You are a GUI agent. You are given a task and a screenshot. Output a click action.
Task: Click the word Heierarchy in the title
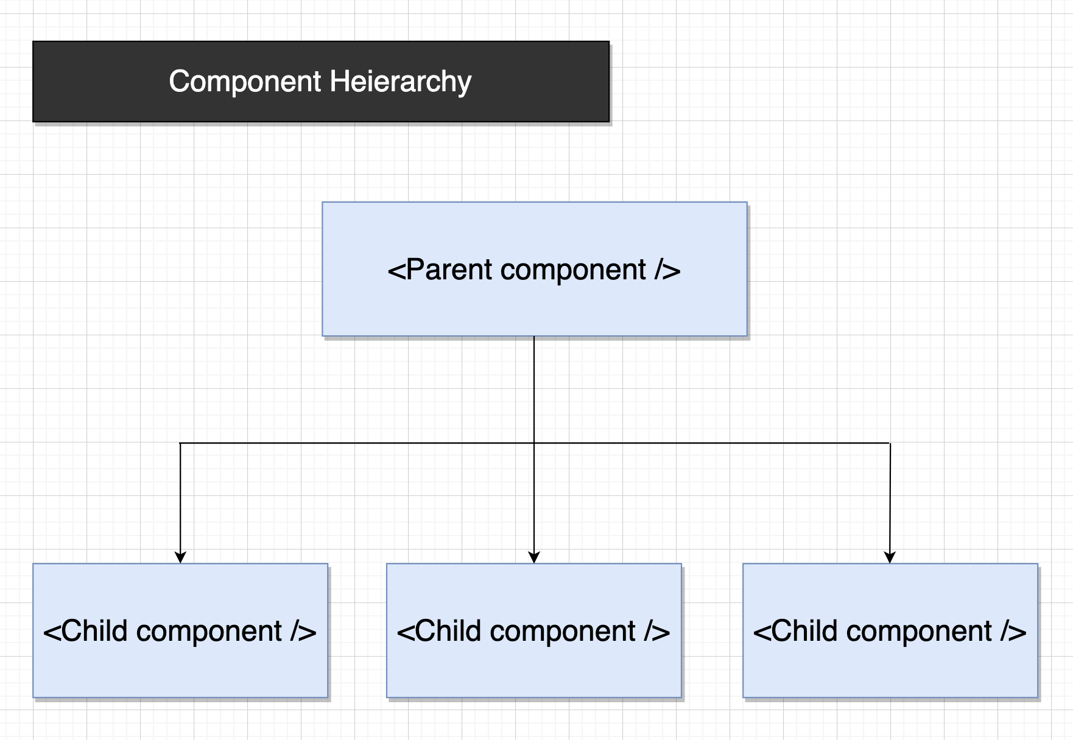click(x=401, y=82)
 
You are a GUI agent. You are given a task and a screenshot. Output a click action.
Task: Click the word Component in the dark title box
click(x=245, y=82)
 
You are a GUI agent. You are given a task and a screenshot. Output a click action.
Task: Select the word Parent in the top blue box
click(x=449, y=270)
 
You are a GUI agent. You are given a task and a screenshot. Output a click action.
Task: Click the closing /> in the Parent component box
click(x=667, y=270)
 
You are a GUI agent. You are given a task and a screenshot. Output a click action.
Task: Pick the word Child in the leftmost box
click(x=94, y=631)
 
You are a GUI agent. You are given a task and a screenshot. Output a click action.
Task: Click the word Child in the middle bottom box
click(x=448, y=631)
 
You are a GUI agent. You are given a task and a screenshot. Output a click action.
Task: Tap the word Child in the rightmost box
click(x=804, y=631)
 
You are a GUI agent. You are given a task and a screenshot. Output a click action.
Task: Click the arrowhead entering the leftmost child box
click(x=180, y=557)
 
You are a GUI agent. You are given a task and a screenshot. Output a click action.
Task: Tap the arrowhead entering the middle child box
click(x=534, y=557)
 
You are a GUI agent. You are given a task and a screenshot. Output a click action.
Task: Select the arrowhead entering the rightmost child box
click(x=890, y=557)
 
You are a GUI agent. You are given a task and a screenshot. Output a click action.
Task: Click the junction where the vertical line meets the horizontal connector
click(x=534, y=443)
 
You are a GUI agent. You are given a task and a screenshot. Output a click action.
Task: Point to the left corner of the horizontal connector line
click(x=180, y=443)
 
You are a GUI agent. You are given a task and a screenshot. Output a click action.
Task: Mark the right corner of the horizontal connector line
click(x=890, y=443)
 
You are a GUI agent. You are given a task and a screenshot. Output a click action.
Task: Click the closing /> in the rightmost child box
click(x=1013, y=631)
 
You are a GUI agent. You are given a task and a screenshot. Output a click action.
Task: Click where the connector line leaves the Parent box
click(x=534, y=337)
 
